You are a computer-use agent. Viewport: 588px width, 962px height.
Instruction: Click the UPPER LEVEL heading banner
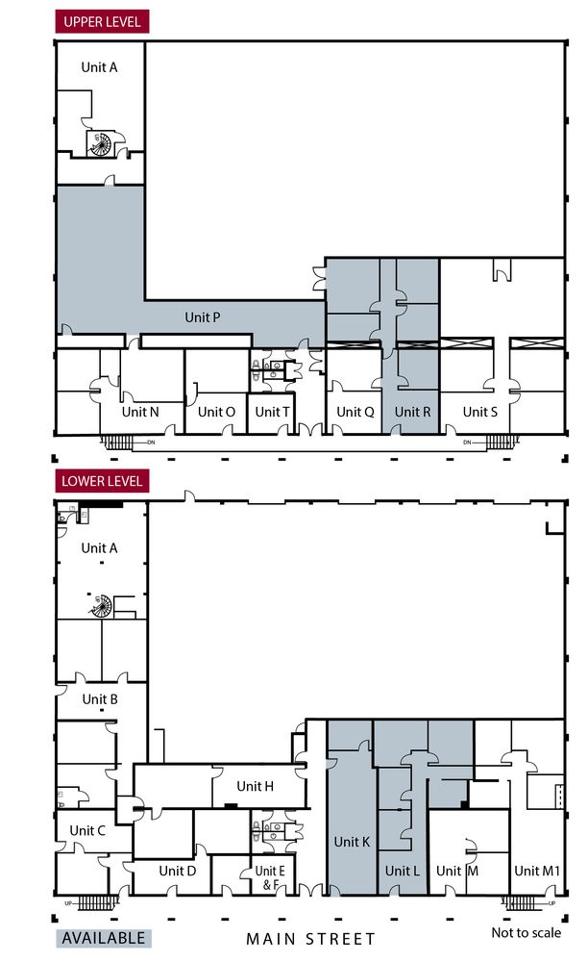coord(102,21)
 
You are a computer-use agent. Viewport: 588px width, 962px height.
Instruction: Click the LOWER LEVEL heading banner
coord(102,481)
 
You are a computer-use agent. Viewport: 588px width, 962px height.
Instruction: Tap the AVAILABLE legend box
coord(104,938)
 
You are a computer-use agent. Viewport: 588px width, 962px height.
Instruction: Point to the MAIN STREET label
coord(310,939)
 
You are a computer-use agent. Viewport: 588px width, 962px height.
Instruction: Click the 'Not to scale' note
coord(527,932)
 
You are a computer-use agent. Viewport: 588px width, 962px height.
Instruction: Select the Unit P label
coord(202,317)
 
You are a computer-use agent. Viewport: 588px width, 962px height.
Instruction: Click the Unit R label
coord(412,412)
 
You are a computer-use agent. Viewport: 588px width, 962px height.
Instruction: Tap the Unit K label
coord(352,842)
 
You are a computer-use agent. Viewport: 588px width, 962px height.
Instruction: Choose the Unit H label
coord(255,786)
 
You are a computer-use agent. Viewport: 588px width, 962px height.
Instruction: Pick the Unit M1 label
coord(536,871)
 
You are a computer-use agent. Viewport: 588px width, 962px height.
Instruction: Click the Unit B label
coord(100,698)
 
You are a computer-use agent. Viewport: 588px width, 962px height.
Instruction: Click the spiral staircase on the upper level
coord(99,144)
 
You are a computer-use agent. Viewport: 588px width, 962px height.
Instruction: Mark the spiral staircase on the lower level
coord(101,606)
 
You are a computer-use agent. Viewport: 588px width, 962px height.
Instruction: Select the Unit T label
coord(272,412)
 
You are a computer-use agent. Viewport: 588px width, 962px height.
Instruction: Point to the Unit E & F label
coord(269,877)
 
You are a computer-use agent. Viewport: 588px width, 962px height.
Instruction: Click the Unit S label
coord(479,412)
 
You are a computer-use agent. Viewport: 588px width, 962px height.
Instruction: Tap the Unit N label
coord(140,412)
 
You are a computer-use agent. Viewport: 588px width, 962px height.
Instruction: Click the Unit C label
coord(87,830)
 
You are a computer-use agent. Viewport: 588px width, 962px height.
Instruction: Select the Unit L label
coord(402,871)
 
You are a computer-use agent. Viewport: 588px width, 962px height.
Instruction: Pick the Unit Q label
coord(355,412)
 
